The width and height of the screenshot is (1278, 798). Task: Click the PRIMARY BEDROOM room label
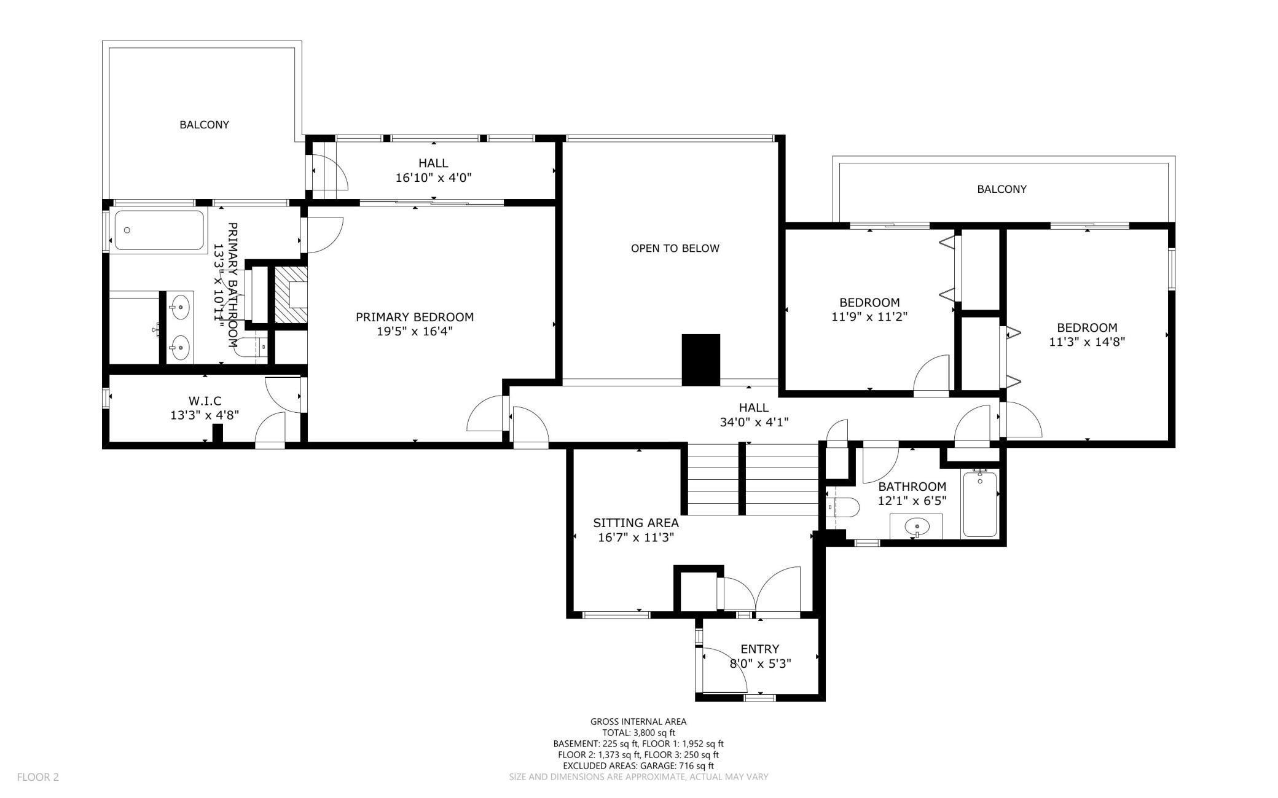click(x=415, y=317)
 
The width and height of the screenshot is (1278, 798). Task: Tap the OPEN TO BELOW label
click(x=675, y=248)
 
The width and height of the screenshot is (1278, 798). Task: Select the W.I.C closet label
click(x=205, y=401)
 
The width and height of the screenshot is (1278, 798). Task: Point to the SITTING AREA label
click(x=636, y=523)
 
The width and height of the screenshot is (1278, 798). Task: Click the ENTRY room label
click(x=759, y=649)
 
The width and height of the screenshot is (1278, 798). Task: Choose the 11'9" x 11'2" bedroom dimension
click(x=869, y=317)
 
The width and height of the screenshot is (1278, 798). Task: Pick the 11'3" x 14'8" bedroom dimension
click(x=1087, y=342)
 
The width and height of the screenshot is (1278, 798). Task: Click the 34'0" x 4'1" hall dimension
click(x=754, y=422)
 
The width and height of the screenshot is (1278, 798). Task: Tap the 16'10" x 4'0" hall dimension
click(x=434, y=178)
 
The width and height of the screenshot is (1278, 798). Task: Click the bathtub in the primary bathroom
click(x=159, y=230)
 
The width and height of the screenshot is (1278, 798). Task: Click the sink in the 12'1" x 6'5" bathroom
click(x=917, y=526)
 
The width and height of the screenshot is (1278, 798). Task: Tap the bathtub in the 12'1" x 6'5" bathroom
click(x=979, y=504)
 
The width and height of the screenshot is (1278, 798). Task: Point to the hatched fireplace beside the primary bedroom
click(x=291, y=295)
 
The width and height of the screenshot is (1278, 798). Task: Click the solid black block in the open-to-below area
click(x=701, y=360)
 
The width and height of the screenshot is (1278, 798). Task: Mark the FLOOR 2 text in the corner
click(x=38, y=777)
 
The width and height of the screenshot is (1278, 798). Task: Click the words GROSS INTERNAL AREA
click(x=638, y=722)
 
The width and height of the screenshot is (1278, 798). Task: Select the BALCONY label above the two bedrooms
click(x=1002, y=189)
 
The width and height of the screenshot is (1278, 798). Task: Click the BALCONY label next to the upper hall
click(x=204, y=125)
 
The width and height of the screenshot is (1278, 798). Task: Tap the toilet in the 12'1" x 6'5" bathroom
click(x=842, y=507)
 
